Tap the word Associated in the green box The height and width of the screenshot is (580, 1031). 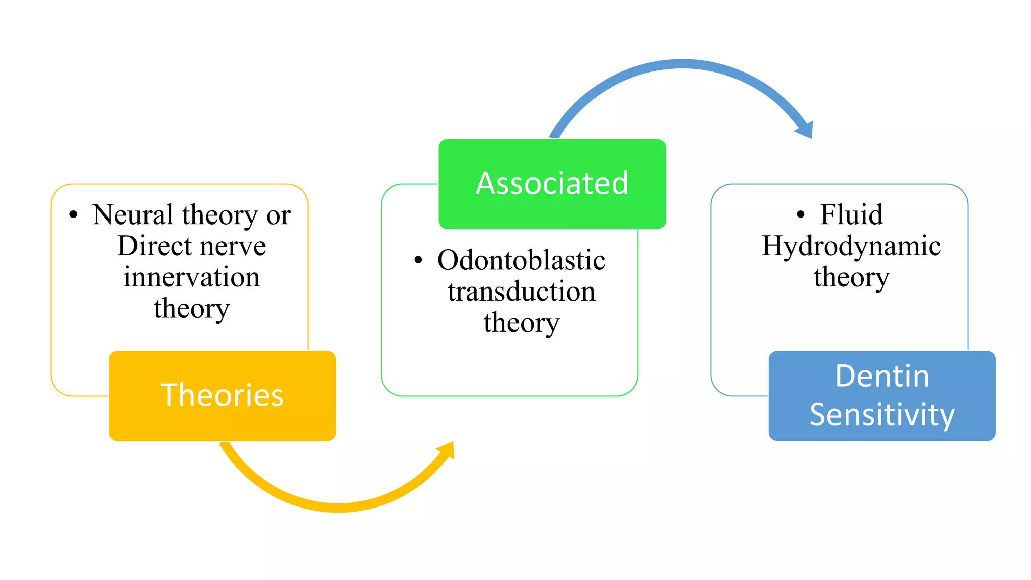(x=552, y=183)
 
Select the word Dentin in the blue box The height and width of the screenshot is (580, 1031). (x=882, y=376)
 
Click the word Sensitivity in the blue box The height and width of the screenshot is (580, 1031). (x=882, y=415)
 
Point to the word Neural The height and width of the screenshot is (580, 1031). (x=133, y=215)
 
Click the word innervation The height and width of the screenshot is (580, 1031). (x=192, y=277)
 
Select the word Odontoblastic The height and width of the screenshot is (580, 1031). (x=521, y=260)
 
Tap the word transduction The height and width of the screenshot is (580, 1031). (x=521, y=292)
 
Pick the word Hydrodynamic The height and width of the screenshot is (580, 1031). (x=851, y=246)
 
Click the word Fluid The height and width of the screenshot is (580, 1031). (x=851, y=215)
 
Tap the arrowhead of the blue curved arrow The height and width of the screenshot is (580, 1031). (x=805, y=130)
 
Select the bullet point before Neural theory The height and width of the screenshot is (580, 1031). (x=73, y=215)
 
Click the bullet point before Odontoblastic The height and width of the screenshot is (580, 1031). (x=418, y=260)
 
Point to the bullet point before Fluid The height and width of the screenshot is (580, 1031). (x=801, y=215)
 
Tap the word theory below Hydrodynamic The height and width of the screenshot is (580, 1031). (x=851, y=278)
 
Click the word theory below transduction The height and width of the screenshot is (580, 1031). (x=521, y=323)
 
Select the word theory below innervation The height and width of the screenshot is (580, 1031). (x=191, y=309)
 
